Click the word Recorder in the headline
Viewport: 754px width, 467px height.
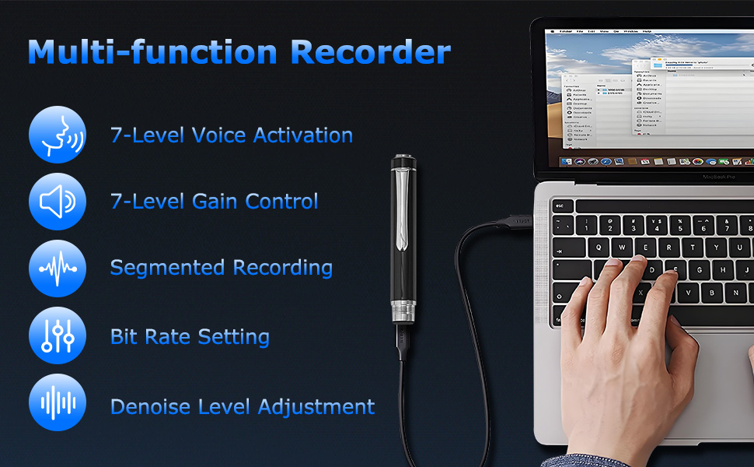(370, 51)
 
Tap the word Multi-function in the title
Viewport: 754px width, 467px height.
(152, 51)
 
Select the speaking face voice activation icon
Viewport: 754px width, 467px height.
(57, 135)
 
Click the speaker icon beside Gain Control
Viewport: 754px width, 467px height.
(57, 201)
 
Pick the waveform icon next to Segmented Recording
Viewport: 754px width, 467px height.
(57, 268)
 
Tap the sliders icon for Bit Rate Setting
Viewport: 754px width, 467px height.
(57, 336)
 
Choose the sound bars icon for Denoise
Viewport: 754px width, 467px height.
(57, 403)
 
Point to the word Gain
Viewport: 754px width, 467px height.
(215, 202)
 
